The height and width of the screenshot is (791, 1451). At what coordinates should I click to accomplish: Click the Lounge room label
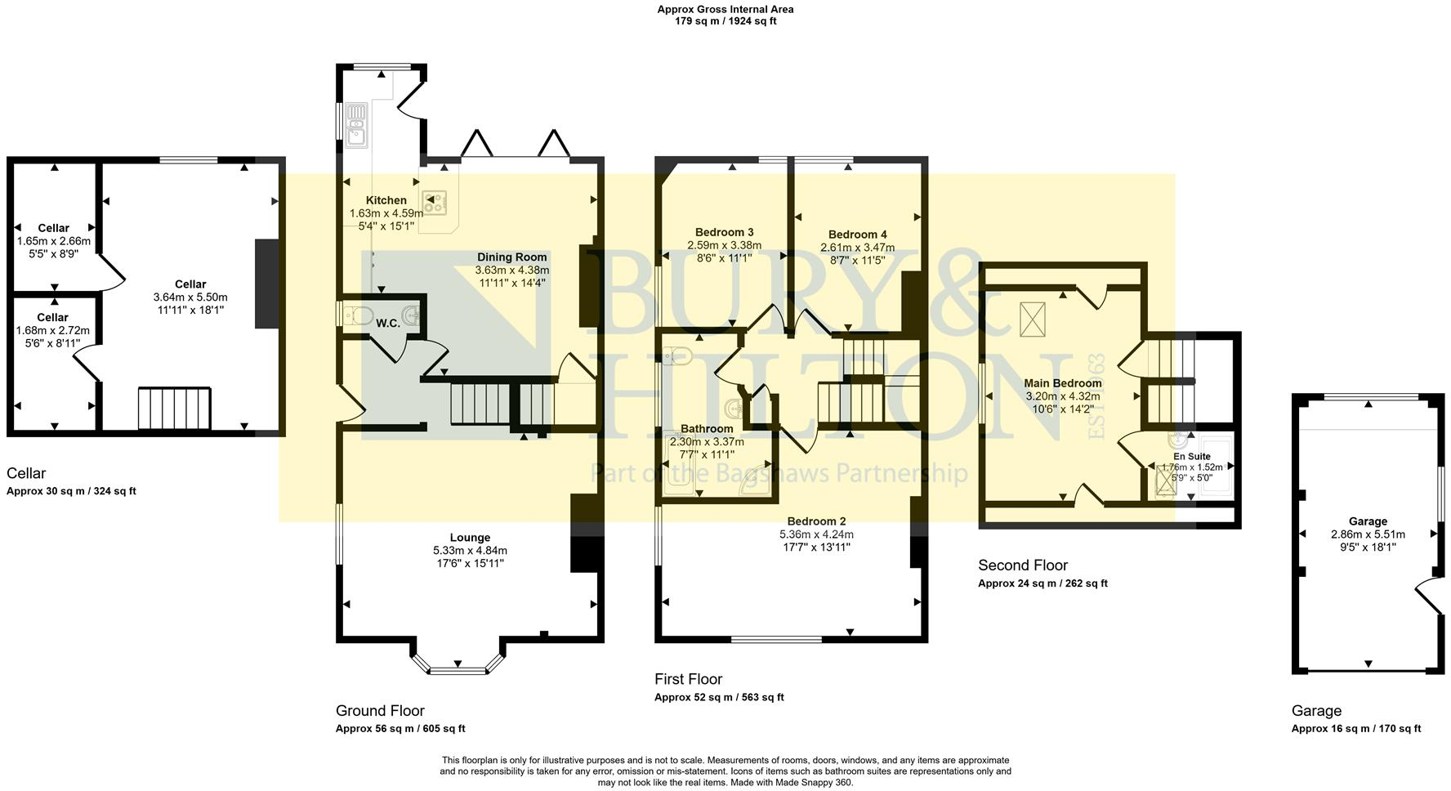[470, 538]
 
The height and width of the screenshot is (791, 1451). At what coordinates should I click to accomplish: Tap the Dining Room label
[512, 257]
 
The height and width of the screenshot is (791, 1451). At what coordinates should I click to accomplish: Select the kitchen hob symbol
[435, 202]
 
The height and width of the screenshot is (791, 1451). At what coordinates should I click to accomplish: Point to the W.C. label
[387, 324]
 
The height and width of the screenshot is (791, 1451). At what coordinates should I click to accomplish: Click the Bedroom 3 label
[724, 232]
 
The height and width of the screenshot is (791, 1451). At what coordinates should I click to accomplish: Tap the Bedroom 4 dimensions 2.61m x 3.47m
[857, 248]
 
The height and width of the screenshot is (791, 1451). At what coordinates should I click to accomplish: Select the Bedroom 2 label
[816, 521]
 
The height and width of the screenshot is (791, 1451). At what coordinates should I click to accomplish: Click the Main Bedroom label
[1063, 383]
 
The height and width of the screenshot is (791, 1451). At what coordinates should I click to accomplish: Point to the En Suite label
[1191, 457]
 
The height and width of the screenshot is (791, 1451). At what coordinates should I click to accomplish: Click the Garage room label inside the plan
[1368, 521]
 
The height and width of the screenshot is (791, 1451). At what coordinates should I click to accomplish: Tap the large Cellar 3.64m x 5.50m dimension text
[190, 297]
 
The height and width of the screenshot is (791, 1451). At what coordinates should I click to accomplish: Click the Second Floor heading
[1023, 565]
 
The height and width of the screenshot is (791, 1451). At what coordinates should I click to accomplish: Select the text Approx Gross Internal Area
[725, 10]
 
